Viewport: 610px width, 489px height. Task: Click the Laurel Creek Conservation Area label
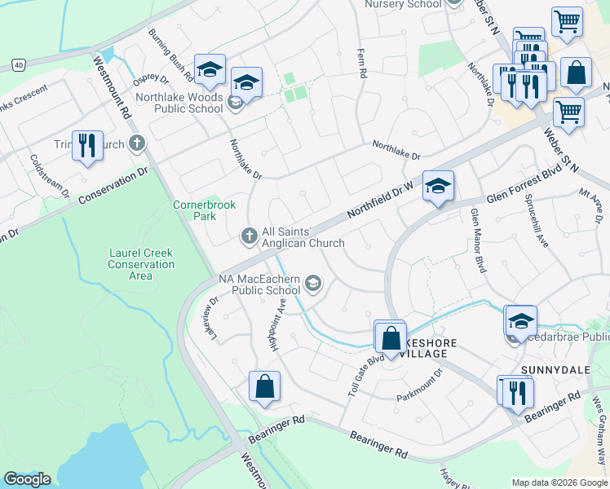coord(141,265)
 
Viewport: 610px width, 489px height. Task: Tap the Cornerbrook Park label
coord(194,211)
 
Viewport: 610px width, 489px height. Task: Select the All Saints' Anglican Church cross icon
coord(249,236)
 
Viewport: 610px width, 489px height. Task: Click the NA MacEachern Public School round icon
coord(312,284)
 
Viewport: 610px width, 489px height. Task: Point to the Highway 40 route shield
coord(19,64)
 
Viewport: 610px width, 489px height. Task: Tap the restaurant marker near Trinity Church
coord(87,146)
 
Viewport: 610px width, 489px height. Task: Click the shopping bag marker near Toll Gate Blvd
coord(391,337)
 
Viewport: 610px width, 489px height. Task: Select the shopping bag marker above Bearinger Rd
coord(265,386)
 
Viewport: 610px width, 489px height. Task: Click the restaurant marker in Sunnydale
coord(516,393)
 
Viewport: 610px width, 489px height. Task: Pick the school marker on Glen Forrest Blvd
coord(438,187)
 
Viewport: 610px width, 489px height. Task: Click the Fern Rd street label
coord(360,63)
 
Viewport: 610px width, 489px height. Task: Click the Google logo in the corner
coord(27,479)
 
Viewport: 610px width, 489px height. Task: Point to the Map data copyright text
coord(559,482)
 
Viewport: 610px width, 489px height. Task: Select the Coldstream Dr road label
coord(49,175)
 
